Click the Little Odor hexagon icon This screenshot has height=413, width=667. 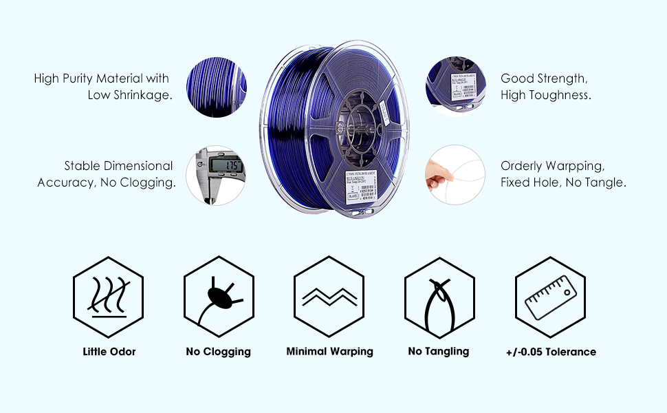109,296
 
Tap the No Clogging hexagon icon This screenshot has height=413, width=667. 219,296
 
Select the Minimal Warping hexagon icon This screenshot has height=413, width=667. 329,296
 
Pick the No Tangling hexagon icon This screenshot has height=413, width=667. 439,296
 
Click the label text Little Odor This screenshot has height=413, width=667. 109,352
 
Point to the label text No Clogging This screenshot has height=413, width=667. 219,352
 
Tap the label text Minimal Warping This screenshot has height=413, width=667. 329,352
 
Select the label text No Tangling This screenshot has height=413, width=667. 439,352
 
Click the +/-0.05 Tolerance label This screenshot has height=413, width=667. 550,352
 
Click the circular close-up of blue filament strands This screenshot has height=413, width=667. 217,86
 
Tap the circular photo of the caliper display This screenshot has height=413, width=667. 217,175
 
